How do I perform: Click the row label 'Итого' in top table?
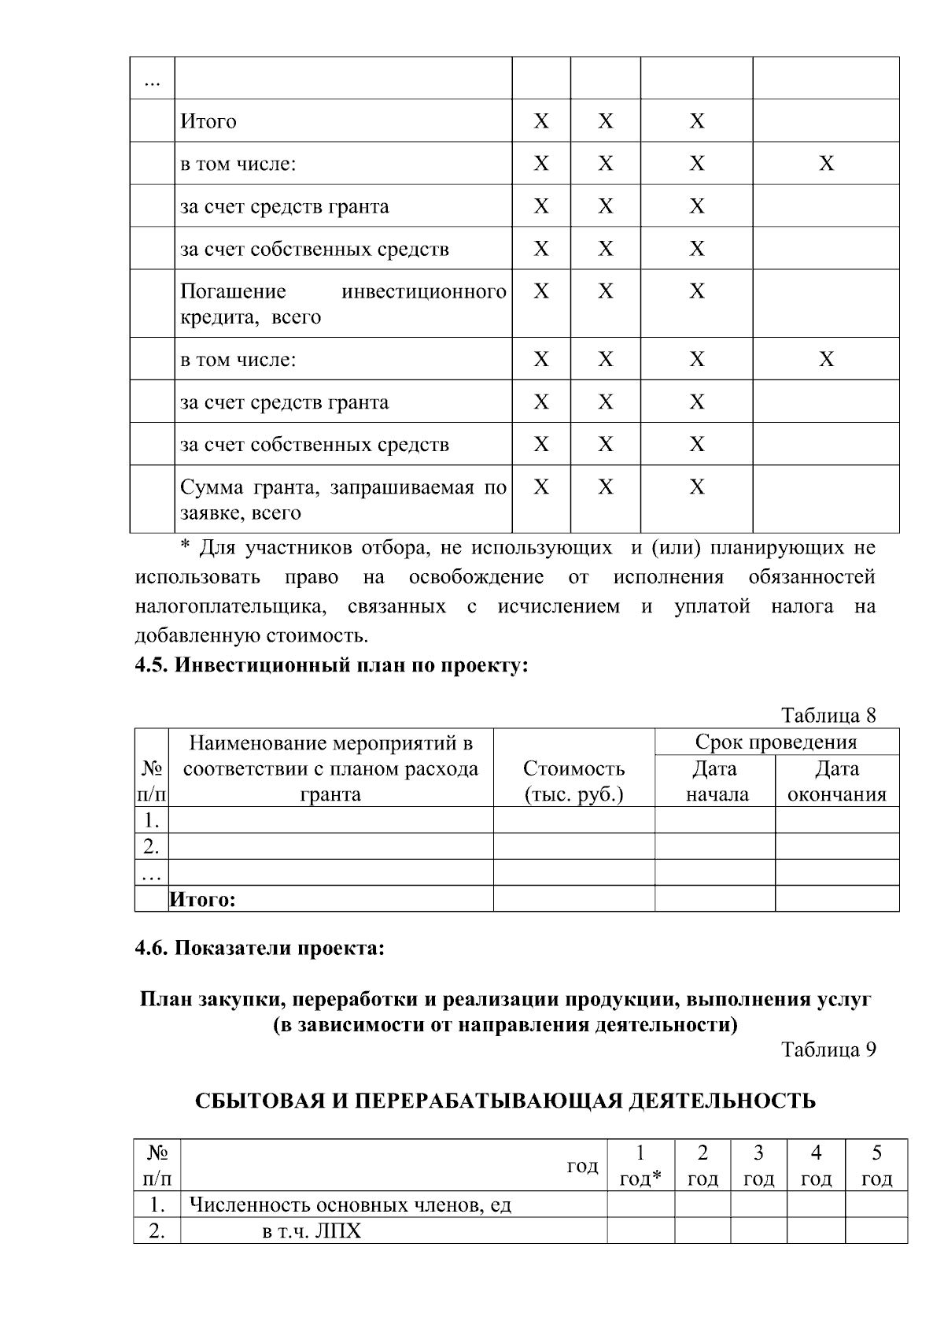tap(208, 121)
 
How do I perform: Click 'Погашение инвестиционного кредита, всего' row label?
tap(343, 304)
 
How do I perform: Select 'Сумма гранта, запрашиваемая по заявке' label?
tap(343, 500)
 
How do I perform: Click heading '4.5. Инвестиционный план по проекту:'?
tap(331, 665)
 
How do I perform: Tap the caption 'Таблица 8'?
tap(828, 716)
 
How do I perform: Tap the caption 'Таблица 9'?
tap(828, 1049)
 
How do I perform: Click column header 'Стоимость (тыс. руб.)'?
tap(573, 781)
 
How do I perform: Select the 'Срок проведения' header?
tap(776, 742)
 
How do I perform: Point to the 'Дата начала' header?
tap(715, 781)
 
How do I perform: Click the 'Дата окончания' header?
tap(836, 781)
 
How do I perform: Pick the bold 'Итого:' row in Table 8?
tap(204, 899)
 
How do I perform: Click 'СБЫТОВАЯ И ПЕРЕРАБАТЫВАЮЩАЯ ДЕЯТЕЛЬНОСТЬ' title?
tap(505, 1101)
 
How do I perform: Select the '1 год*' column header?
tap(640, 1166)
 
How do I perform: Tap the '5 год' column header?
tap(876, 1166)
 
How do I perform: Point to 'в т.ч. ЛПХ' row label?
tap(312, 1231)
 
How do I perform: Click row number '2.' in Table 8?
tap(152, 847)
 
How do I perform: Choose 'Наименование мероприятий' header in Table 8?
tap(330, 768)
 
